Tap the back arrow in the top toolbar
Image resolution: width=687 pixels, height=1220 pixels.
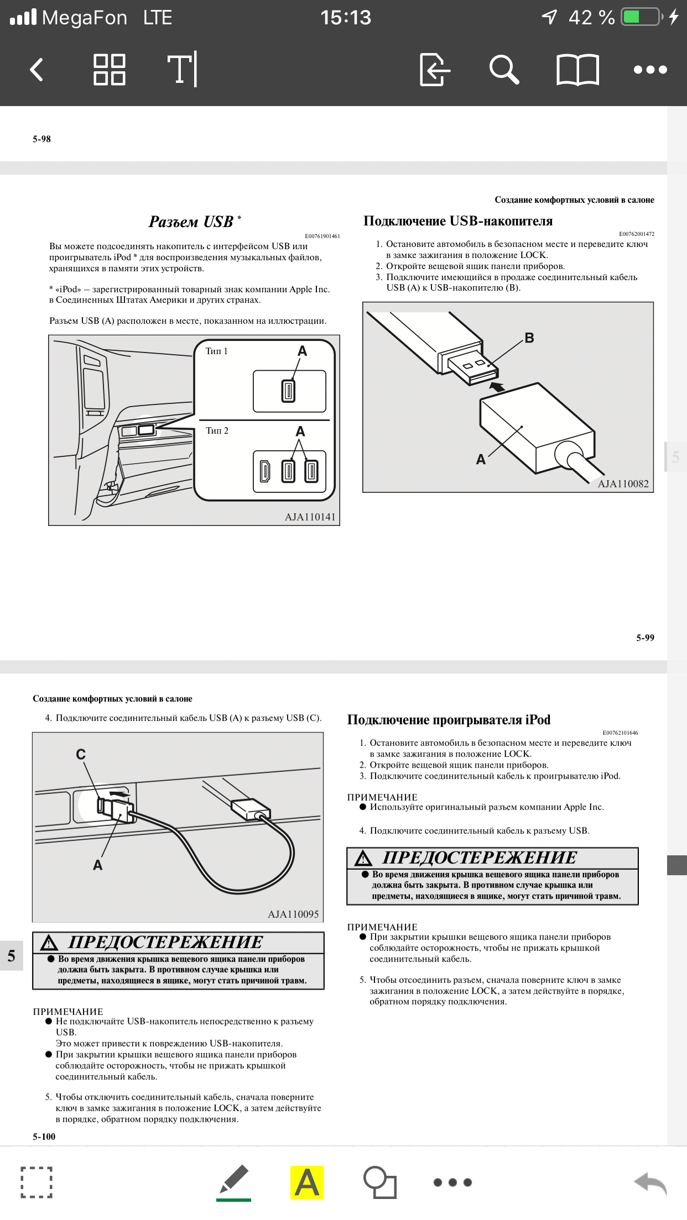37,70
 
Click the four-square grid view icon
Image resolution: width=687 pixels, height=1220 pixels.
109,70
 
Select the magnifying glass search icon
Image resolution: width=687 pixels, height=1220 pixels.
503,70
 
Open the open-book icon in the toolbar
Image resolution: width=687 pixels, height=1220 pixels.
577,70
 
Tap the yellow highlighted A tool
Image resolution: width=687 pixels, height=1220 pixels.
307,1182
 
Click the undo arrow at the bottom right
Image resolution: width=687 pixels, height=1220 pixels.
650,1183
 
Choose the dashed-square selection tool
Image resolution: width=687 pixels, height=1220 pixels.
37,1182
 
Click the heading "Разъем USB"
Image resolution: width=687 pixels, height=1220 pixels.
191,222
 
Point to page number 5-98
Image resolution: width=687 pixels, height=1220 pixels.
41,139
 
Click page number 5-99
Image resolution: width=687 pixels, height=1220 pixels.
645,638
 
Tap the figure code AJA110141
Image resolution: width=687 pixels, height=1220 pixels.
310,517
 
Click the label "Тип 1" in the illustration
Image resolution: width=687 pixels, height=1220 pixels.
216,351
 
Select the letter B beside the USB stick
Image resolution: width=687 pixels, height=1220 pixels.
529,338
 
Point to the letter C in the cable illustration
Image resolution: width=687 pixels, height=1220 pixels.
81,754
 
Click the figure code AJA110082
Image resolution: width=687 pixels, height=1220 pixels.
623,484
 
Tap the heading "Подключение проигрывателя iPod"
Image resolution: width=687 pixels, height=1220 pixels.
449,720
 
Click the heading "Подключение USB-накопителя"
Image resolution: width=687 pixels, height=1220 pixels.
458,221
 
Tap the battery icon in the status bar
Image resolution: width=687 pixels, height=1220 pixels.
642,17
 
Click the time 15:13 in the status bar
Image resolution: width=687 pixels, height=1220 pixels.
346,18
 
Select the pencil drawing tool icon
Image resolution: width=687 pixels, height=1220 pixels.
233,1181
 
